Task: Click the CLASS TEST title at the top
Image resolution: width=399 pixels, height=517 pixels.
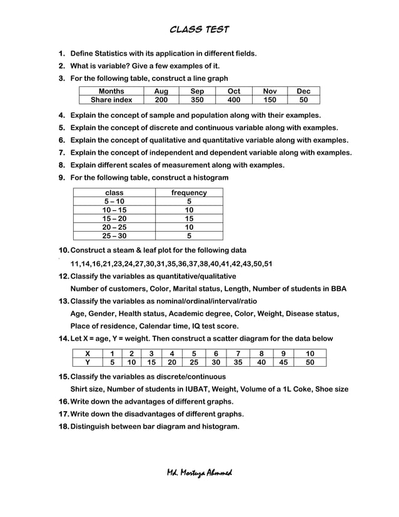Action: pyautogui.click(x=199, y=29)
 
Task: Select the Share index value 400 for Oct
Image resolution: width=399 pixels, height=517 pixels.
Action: pyautogui.click(x=233, y=100)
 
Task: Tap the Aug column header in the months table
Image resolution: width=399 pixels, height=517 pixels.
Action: pyautogui.click(x=161, y=91)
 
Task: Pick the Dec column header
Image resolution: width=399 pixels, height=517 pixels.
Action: pyautogui.click(x=303, y=91)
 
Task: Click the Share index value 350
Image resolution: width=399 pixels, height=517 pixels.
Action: pyautogui.click(x=197, y=100)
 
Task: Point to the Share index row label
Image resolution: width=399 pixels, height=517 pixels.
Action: pyautogui.click(x=111, y=100)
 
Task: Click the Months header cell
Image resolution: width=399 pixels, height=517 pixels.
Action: pyautogui.click(x=111, y=91)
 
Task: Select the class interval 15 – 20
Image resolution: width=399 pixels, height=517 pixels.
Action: pyautogui.click(x=114, y=218)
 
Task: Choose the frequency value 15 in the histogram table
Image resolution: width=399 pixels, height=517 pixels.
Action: pyautogui.click(x=189, y=218)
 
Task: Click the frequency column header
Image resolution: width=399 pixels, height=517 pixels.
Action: pyautogui.click(x=189, y=193)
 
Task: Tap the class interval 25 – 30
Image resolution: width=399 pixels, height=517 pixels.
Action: pyautogui.click(x=114, y=236)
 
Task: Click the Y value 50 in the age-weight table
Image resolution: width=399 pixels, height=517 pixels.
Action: pyautogui.click(x=310, y=362)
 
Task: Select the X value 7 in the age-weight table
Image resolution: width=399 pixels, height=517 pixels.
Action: pyautogui.click(x=238, y=353)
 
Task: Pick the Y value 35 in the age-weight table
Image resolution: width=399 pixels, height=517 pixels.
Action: pyautogui.click(x=238, y=362)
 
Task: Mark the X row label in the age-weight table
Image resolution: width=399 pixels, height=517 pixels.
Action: pyautogui.click(x=88, y=353)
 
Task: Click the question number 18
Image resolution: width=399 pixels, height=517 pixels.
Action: pyautogui.click(x=63, y=426)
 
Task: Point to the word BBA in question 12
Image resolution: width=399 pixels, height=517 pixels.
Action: pyautogui.click(x=337, y=289)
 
